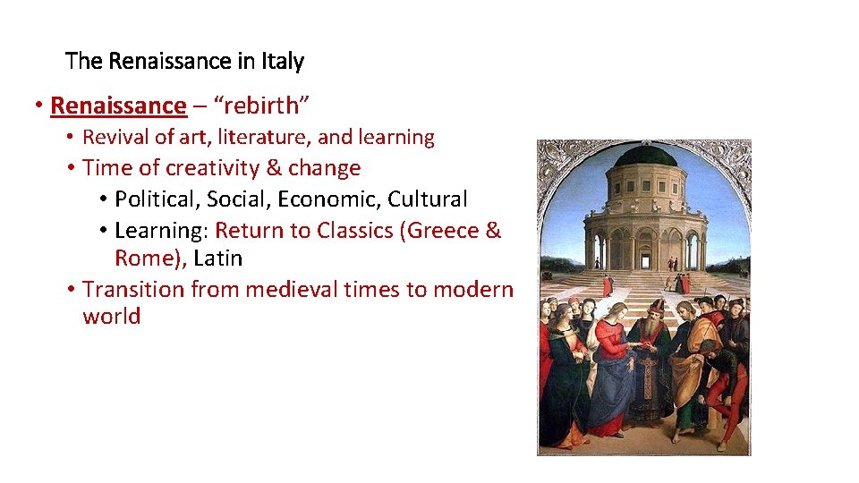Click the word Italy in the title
click(283, 62)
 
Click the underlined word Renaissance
click(118, 106)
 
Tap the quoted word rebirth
click(266, 106)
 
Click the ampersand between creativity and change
click(271, 168)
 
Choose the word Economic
click(336, 199)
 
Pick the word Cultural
click(428, 199)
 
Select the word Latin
click(217, 258)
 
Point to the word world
click(111, 317)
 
